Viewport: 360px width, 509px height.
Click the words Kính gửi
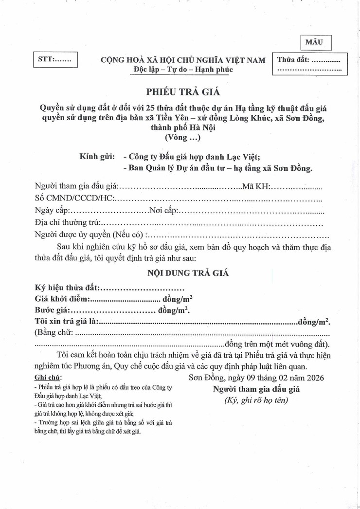click(97, 157)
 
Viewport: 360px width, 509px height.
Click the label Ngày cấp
click(53, 211)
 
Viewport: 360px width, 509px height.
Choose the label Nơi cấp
click(164, 211)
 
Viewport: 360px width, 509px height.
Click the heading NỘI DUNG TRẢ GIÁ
click(188, 273)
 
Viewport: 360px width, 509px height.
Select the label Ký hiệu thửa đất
click(67, 288)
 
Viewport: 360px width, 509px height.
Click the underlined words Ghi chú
click(48, 378)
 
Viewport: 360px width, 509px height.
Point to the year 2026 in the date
click(313, 378)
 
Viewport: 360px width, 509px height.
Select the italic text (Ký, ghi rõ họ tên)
click(256, 400)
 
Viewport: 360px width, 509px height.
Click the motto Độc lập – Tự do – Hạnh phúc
click(183, 69)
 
